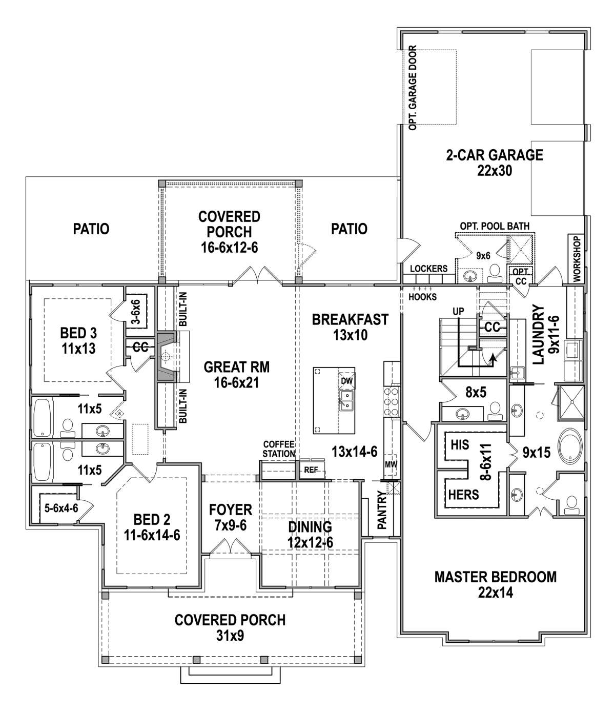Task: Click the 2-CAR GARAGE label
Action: click(x=495, y=155)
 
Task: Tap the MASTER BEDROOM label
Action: click(x=495, y=577)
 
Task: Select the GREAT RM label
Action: click(x=237, y=367)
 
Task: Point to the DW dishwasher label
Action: click(x=346, y=381)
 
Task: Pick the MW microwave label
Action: click(x=391, y=464)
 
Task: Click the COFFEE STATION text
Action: click(x=279, y=449)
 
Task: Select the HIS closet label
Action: click(x=460, y=445)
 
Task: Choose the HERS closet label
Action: click(x=464, y=495)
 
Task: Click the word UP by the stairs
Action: click(x=458, y=312)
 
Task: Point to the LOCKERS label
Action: click(x=429, y=269)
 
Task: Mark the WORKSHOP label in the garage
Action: click(x=577, y=259)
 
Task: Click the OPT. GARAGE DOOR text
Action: click(x=413, y=88)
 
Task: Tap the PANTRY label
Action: click(x=382, y=510)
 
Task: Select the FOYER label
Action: click(x=231, y=510)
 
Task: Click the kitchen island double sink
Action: click(x=346, y=400)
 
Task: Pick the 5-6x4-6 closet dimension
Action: click(x=61, y=508)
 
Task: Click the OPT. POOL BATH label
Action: click(x=495, y=226)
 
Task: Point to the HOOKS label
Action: click(x=422, y=297)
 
